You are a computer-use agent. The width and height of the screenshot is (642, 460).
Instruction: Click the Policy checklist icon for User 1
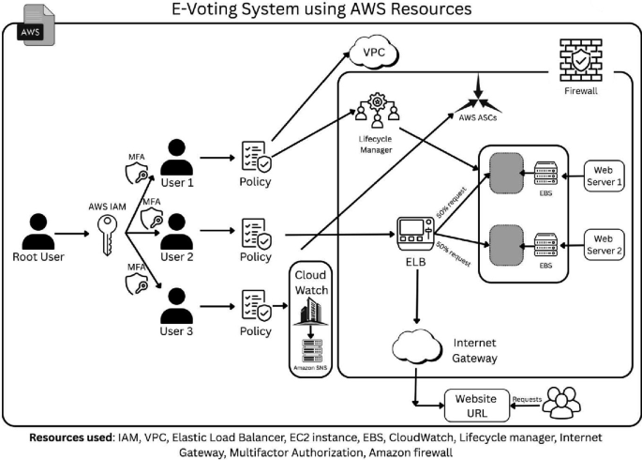[256, 155]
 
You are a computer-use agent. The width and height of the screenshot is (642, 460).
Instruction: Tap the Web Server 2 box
[602, 243]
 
